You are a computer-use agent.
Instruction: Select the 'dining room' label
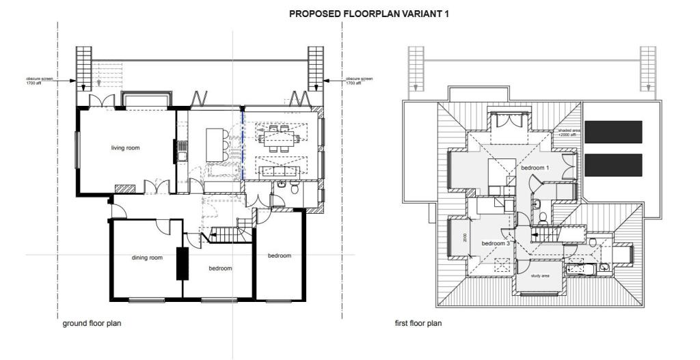tap(147, 258)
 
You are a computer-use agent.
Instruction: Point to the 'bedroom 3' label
tap(496, 243)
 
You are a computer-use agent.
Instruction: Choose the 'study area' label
tap(540, 276)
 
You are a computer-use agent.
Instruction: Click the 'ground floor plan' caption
tap(92, 323)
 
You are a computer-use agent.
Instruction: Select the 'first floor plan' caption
tap(418, 323)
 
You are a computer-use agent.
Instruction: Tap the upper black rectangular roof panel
tap(614, 131)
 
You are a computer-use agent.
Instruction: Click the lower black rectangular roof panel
tap(614, 165)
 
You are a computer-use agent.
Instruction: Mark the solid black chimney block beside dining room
tap(183, 263)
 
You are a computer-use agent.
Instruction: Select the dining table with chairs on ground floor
tap(279, 139)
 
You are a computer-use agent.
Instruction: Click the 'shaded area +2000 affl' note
tap(568, 133)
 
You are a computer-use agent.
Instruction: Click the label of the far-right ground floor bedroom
tap(279, 255)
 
